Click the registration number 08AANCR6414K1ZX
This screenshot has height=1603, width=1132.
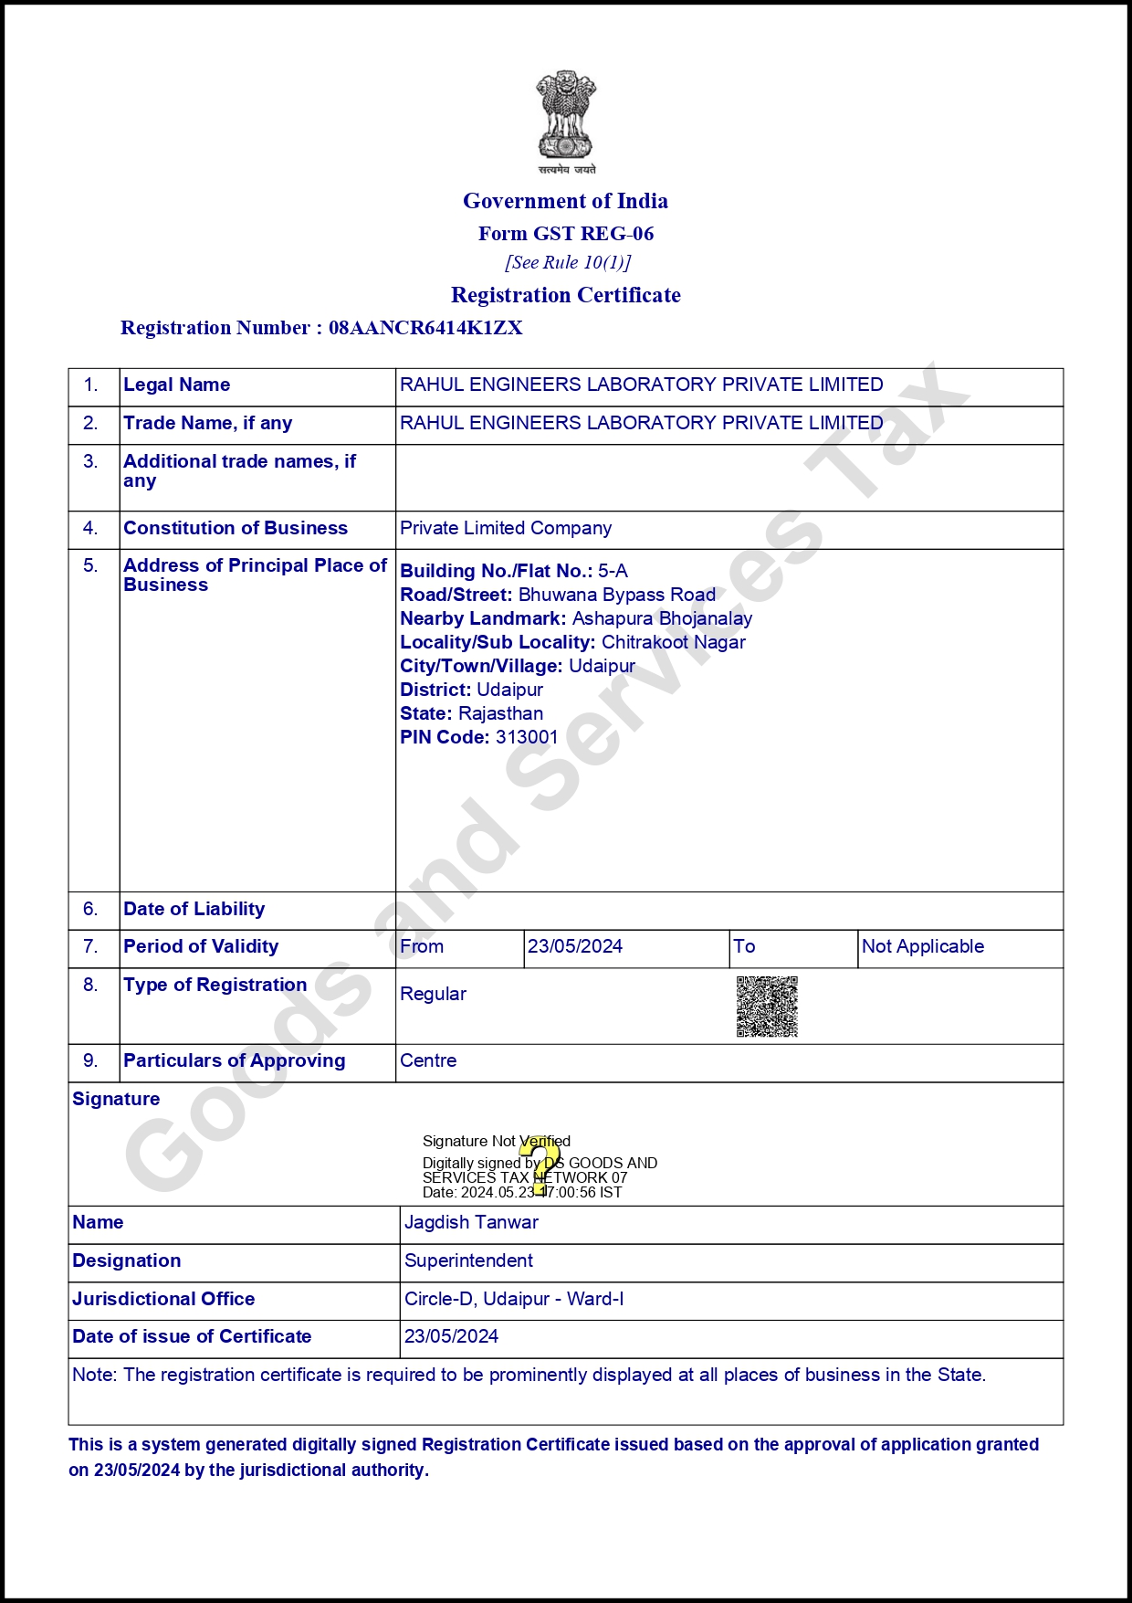(x=425, y=328)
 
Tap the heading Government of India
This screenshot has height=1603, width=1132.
(x=565, y=201)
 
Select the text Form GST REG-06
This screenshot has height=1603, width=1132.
(x=566, y=234)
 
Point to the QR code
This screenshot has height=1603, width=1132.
(x=767, y=1007)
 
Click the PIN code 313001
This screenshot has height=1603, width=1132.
(x=527, y=737)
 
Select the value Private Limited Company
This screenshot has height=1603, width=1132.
(x=506, y=528)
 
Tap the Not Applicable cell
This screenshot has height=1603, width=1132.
(x=923, y=946)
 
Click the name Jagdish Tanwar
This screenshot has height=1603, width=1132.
(x=471, y=1222)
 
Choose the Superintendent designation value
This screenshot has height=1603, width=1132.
(x=468, y=1260)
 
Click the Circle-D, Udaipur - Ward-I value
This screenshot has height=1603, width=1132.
(x=514, y=1299)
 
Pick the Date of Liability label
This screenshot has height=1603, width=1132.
(x=194, y=909)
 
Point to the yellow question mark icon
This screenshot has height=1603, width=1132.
(x=541, y=1165)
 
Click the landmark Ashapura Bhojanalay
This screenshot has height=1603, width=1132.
(x=662, y=618)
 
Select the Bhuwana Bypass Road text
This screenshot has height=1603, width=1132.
(x=617, y=595)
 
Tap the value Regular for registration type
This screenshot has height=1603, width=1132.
(x=433, y=994)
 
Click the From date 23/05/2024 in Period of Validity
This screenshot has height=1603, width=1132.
(x=575, y=946)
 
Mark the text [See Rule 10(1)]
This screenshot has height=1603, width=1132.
(x=568, y=263)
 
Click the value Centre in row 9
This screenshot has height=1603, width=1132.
(x=428, y=1060)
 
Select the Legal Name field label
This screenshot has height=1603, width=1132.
(x=177, y=385)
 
